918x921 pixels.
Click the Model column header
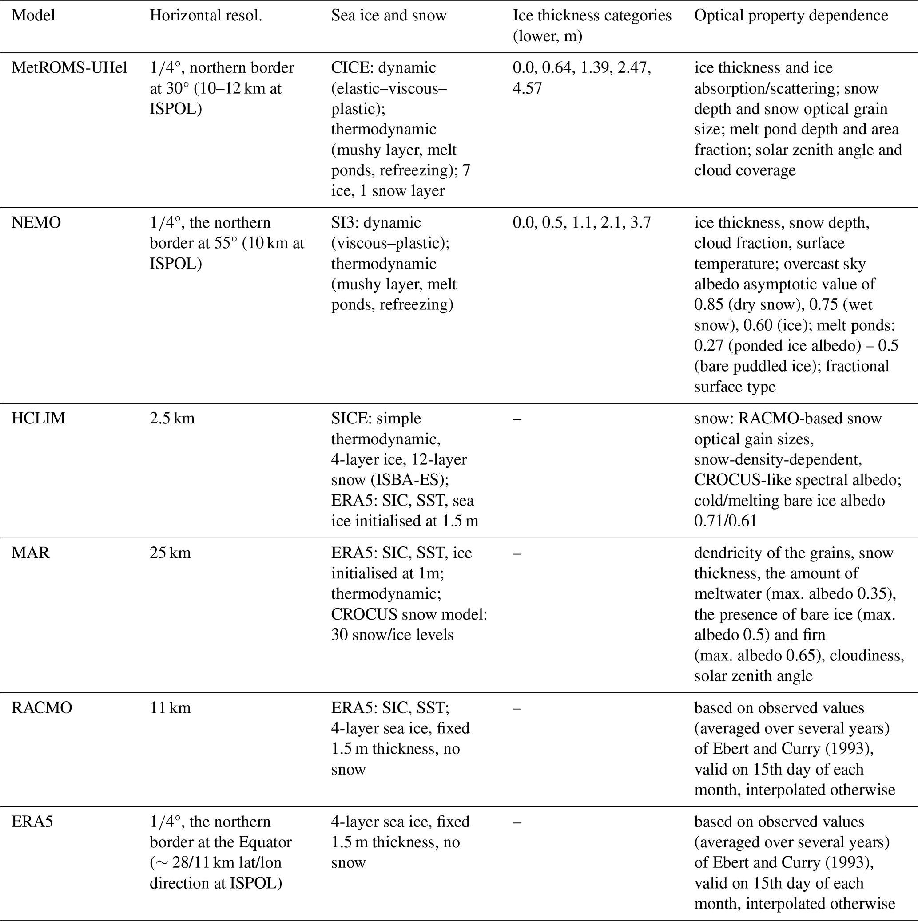coord(33,16)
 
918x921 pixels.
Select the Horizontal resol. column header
coord(206,16)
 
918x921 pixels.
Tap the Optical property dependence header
coord(791,16)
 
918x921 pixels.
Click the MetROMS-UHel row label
coord(69,68)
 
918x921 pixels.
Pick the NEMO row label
coord(36,223)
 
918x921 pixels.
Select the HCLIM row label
coord(38,419)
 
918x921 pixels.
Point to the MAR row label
coord(31,553)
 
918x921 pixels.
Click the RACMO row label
coord(42,708)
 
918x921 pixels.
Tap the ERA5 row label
coord(32,822)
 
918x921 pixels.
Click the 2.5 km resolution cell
coord(172,419)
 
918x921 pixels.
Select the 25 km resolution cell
coord(170,553)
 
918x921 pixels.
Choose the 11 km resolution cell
coord(170,708)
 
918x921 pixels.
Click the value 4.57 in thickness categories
coord(527,89)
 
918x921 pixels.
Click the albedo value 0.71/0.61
coord(725,521)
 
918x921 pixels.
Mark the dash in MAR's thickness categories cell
coord(517,553)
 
